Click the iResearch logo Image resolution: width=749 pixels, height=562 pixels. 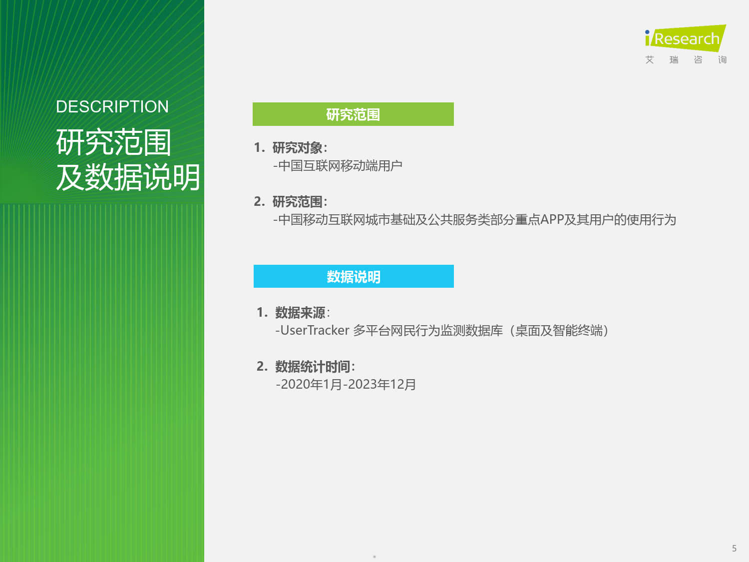[x=686, y=38]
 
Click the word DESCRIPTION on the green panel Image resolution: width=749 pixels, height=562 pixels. [x=112, y=107]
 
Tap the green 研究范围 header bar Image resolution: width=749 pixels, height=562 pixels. [x=353, y=114]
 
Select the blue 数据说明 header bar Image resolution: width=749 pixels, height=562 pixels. [x=354, y=276]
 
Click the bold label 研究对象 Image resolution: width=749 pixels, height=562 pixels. [x=298, y=148]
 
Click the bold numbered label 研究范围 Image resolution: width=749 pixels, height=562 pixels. [x=298, y=202]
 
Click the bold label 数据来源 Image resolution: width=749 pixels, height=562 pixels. [x=300, y=313]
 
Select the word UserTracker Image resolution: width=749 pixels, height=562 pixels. [x=315, y=330]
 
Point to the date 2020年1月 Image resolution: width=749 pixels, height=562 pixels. [x=311, y=385]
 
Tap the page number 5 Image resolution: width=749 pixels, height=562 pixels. [x=734, y=549]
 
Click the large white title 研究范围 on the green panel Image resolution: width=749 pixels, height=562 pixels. [x=114, y=142]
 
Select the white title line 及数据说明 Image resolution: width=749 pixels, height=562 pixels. [x=128, y=177]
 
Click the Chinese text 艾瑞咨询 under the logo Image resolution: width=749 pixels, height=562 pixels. [x=686, y=60]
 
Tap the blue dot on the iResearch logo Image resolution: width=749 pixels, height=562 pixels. [x=647, y=32]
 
